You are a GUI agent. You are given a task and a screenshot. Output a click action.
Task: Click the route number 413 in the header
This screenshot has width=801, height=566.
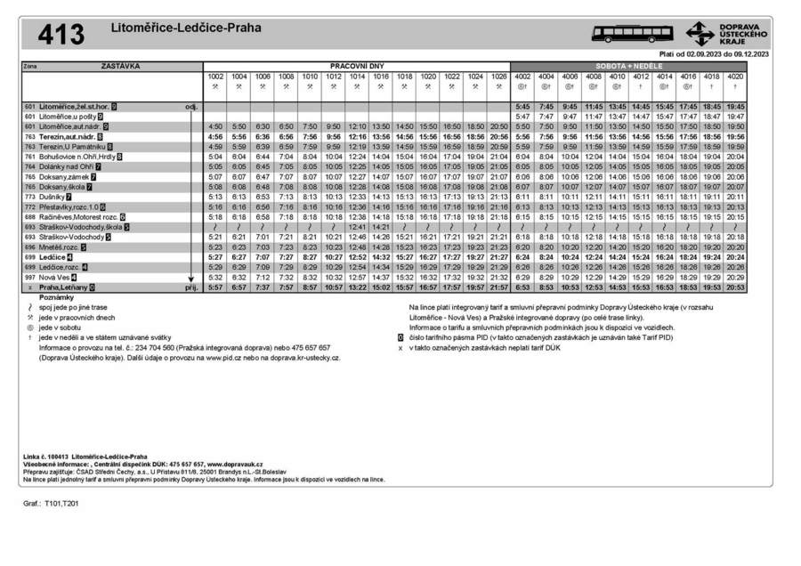pos(61,34)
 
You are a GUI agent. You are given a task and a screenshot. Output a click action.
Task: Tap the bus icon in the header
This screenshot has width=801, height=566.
pos(633,34)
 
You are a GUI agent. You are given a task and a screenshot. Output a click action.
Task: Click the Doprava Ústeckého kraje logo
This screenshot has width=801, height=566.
pos(724,34)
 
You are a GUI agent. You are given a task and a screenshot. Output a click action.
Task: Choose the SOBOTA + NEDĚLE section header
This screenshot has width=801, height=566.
pos(628,67)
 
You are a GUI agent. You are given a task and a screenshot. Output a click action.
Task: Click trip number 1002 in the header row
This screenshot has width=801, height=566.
pos(215,77)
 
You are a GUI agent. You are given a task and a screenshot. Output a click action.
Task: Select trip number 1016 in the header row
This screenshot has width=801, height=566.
pos(381,77)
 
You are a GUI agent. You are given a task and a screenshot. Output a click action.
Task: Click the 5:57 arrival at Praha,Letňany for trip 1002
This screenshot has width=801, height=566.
pos(215,288)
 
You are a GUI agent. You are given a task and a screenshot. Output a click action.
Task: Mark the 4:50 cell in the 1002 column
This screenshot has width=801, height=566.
pos(215,126)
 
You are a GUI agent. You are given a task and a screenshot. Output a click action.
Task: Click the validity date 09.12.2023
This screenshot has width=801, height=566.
pos(746,54)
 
